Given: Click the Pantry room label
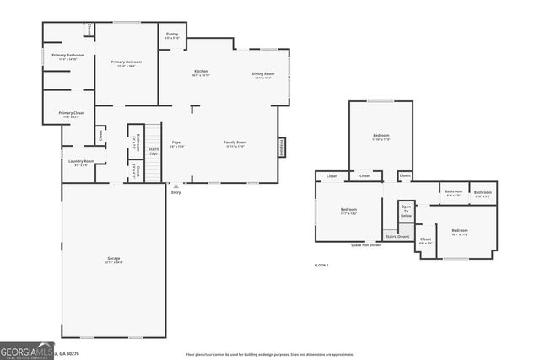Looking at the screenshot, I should tap(172, 35).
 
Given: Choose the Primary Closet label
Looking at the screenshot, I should tap(71, 115).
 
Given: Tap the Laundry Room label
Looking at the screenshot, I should tap(82, 163).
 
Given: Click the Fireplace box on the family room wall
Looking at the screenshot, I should tap(281, 146).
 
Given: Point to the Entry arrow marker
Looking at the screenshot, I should tap(175, 186).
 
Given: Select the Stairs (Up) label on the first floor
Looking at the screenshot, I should tap(154, 151).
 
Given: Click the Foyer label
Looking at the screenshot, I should tap(177, 144).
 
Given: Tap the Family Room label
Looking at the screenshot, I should tap(235, 144).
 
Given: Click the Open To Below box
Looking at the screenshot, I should tap(407, 211).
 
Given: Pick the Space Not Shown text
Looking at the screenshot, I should tap(366, 245).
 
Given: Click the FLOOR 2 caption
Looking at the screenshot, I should tap(321, 265).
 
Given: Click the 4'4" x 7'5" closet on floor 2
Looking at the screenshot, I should tap(425, 240).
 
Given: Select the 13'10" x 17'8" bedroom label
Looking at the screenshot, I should tap(381, 137).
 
